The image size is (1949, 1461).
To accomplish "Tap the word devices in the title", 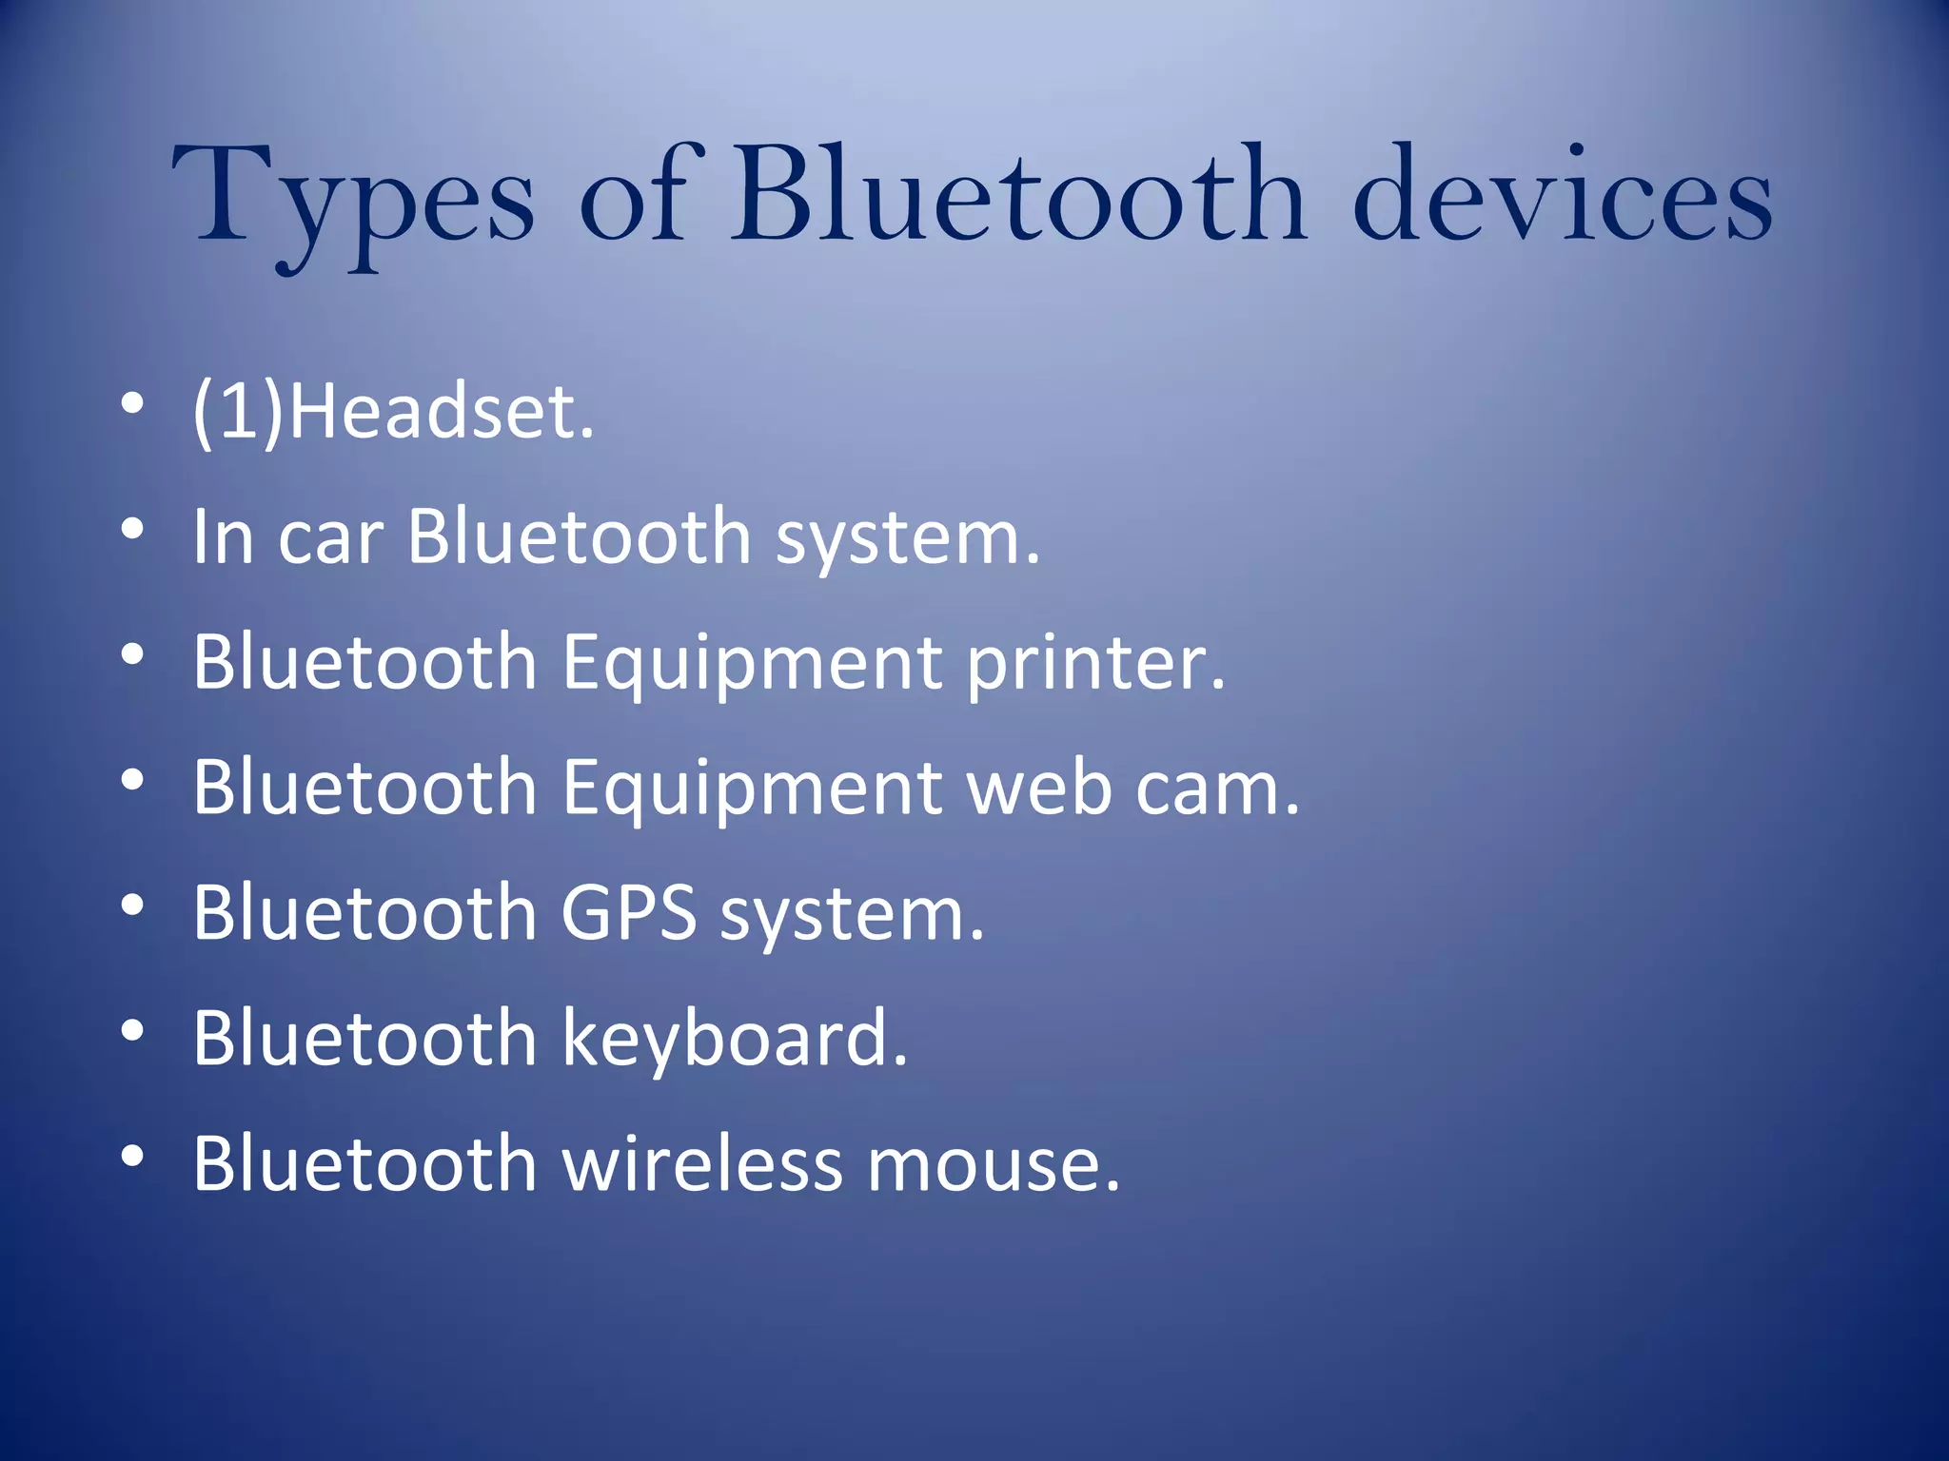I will (x=1561, y=195).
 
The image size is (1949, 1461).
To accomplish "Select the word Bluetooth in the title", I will (x=1018, y=195).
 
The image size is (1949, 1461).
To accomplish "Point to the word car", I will (x=330, y=537).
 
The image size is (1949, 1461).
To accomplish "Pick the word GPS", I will (x=628, y=913).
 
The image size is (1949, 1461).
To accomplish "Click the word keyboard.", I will (x=734, y=1039).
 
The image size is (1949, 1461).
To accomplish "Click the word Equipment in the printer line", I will (x=752, y=665).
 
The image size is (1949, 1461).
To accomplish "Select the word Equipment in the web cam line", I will (x=752, y=789).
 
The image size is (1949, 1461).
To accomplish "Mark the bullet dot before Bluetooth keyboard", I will (x=132, y=1031).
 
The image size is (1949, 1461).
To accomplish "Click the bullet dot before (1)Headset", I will (x=132, y=404).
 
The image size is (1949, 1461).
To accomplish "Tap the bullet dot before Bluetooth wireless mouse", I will (x=132, y=1156).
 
